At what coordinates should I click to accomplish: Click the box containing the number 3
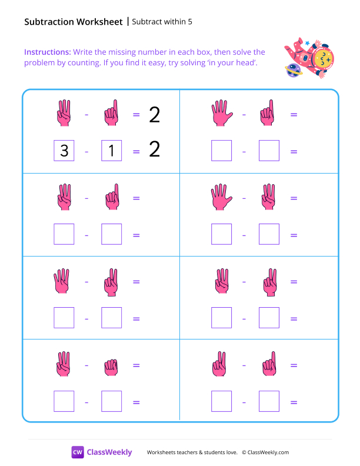[x=64, y=151]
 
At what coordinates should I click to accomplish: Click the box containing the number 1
[x=111, y=151]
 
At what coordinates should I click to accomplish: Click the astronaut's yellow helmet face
[x=322, y=59]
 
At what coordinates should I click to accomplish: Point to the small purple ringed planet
[x=292, y=71]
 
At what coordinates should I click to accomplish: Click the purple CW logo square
[x=78, y=452]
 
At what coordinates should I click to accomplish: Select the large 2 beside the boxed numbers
[x=154, y=150]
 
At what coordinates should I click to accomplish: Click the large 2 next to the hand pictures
[x=154, y=114]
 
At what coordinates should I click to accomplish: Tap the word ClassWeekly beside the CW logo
[x=109, y=452]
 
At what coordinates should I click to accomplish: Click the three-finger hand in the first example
[x=64, y=114]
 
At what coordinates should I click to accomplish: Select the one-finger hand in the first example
[x=111, y=114]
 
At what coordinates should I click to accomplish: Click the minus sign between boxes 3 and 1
[x=86, y=152]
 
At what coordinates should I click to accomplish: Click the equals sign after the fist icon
[x=136, y=365]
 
